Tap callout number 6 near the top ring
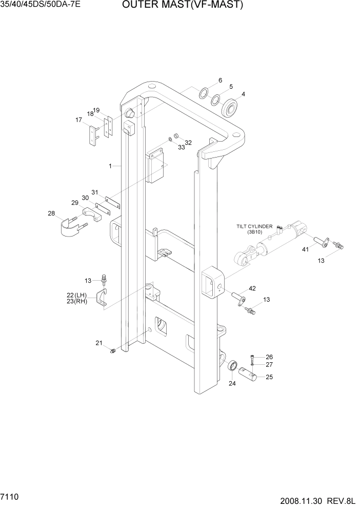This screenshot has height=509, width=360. pyautogui.click(x=220, y=81)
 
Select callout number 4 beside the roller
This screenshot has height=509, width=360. pyautogui.click(x=243, y=94)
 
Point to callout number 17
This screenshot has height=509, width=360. pyautogui.click(x=79, y=120)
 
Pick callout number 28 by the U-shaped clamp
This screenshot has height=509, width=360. pyautogui.click(x=51, y=213)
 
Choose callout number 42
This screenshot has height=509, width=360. pyautogui.click(x=252, y=289)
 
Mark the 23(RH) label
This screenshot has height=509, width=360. pyautogui.click(x=77, y=302)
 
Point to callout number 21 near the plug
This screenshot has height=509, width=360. pyautogui.click(x=98, y=343)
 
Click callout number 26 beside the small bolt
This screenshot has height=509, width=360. pyautogui.click(x=269, y=357)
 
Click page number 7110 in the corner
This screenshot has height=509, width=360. pyautogui.click(x=10, y=498)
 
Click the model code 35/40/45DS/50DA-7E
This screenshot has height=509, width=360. pyautogui.click(x=41, y=6)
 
